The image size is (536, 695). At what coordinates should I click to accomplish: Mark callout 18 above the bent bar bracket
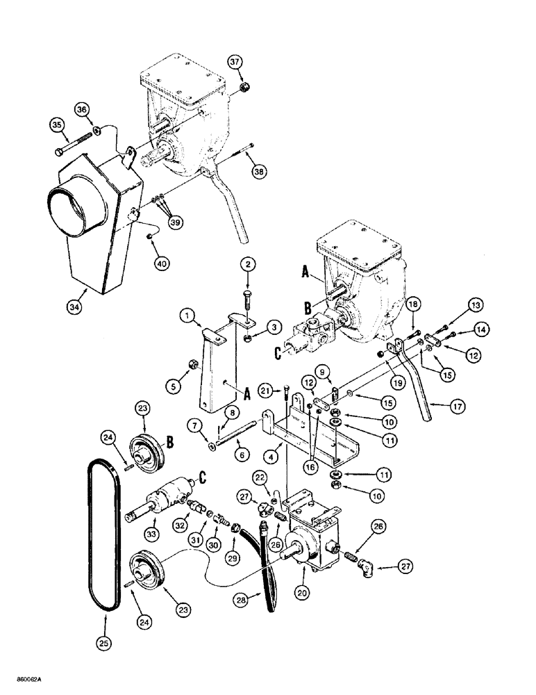(x=412, y=304)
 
